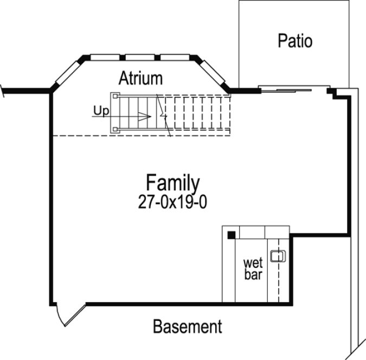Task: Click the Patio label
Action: click(x=295, y=41)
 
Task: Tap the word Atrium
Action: click(x=141, y=78)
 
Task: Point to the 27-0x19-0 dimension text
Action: click(x=173, y=202)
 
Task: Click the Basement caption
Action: click(x=187, y=327)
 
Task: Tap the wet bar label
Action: click(x=253, y=269)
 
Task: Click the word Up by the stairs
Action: click(x=101, y=111)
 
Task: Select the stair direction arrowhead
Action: click(x=145, y=115)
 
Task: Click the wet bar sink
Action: click(x=278, y=256)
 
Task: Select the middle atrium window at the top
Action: click(x=142, y=56)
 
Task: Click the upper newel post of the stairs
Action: click(x=114, y=96)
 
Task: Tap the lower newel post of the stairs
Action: click(x=114, y=130)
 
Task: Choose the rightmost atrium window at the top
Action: click(x=177, y=56)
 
